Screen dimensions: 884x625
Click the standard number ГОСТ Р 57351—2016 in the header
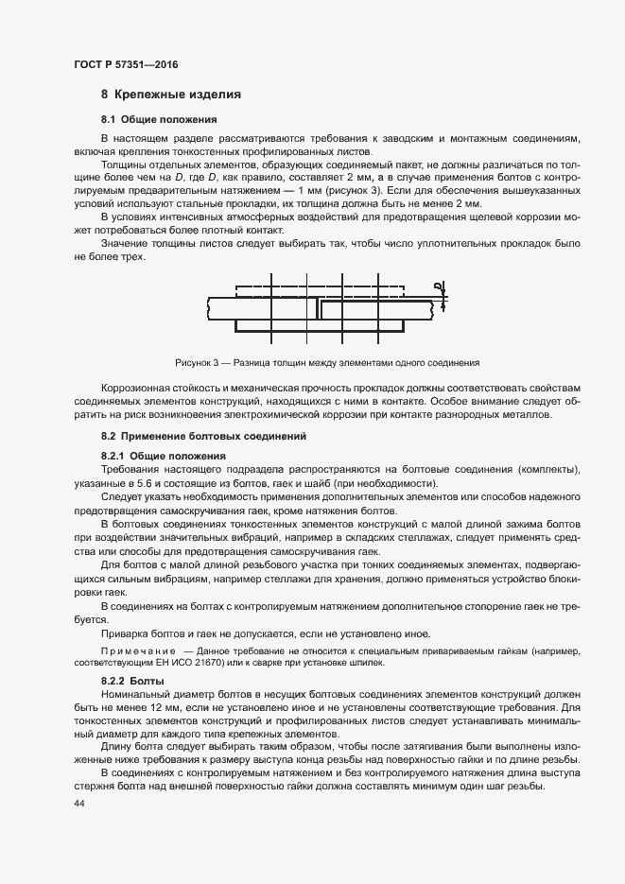(126, 64)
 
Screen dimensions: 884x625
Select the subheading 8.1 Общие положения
(160, 120)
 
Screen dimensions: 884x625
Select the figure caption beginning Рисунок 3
(328, 362)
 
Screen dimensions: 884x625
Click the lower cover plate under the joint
(321, 325)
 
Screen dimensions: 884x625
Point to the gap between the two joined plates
(318, 308)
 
